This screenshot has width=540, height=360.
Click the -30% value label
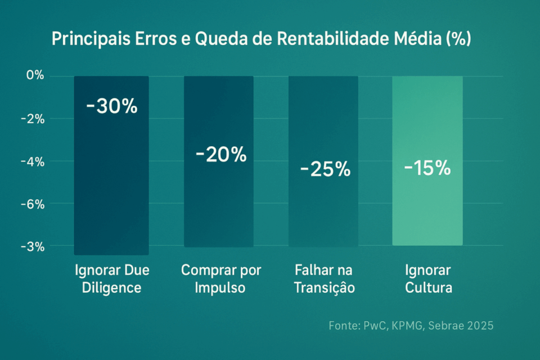111,106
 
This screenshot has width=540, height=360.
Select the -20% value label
221,154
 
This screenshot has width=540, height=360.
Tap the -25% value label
325,169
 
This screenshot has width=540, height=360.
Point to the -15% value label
427,168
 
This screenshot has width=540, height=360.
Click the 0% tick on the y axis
34,75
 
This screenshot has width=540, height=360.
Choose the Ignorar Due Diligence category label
111,278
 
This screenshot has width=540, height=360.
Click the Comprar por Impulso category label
220,278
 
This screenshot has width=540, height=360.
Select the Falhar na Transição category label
325,278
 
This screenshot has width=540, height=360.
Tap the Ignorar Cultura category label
427,278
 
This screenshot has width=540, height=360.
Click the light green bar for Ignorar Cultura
427,214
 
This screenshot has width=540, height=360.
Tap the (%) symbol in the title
458,40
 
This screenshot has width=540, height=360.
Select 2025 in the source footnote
480,325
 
